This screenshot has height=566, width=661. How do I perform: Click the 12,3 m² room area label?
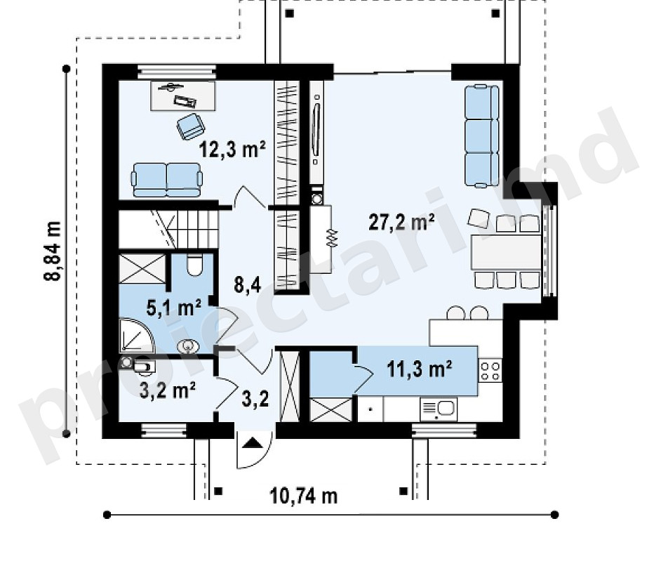tap(232, 149)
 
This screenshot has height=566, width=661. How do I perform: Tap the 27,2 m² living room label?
tap(402, 222)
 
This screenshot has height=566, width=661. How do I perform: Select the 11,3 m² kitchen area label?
tap(420, 369)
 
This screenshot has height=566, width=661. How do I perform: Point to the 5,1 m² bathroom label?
tap(174, 308)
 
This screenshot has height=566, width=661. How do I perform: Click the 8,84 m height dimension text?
tap(53, 251)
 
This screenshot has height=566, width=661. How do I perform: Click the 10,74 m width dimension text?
tap(304, 496)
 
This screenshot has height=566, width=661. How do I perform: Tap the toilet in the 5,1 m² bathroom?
tap(194, 265)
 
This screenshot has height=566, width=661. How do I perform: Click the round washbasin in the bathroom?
tap(188, 347)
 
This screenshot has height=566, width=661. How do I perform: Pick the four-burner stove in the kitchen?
tap(490, 370)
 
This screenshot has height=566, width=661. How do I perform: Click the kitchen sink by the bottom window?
tap(439, 409)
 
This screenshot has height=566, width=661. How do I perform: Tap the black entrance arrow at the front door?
tap(253, 443)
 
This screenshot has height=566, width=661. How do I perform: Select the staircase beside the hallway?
tap(168, 230)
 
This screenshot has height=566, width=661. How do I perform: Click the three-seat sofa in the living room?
tap(482, 136)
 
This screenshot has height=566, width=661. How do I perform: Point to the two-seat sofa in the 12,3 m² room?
tap(167, 180)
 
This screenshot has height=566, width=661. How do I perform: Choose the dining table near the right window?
tap(506, 252)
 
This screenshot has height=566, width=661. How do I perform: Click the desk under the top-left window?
tap(183, 96)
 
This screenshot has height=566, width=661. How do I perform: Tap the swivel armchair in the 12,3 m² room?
tap(191, 126)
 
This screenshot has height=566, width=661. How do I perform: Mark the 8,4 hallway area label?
tap(248, 285)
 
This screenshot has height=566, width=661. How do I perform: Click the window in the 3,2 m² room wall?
tap(163, 430)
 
